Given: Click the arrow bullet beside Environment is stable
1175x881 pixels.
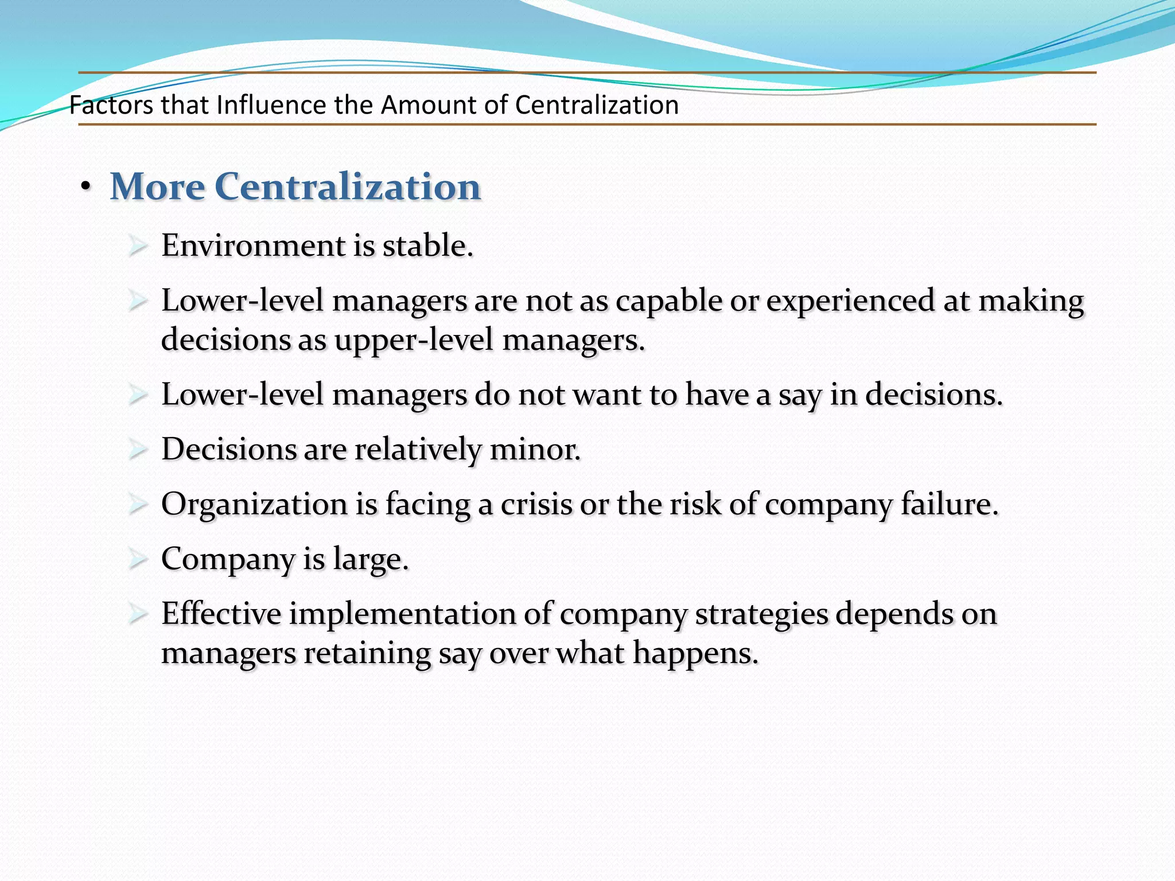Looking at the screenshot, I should click(138, 246).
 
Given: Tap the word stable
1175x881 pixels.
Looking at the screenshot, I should click(427, 246).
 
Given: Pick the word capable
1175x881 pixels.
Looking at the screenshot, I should click(668, 301).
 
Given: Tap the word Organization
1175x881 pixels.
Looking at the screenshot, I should click(254, 505).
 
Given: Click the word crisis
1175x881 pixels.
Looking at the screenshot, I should click(536, 505).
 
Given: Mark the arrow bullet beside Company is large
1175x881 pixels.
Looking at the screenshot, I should click(138, 559).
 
